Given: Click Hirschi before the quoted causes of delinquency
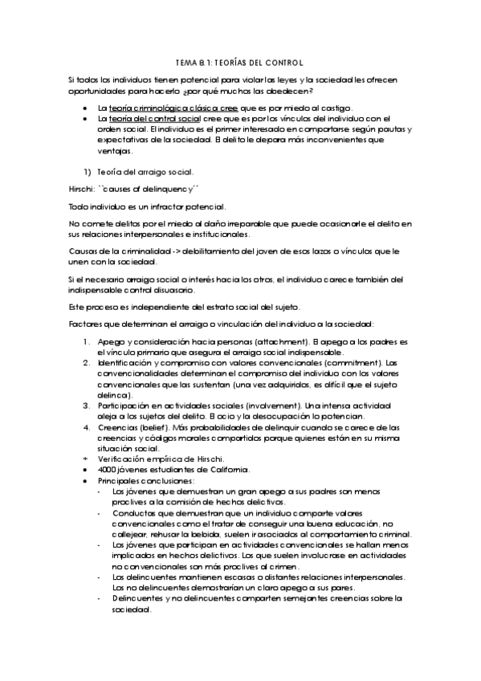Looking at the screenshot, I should coord(81,190).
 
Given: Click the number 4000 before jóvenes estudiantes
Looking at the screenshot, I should coord(108,469).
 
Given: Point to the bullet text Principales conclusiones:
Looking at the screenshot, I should coord(140,479).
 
